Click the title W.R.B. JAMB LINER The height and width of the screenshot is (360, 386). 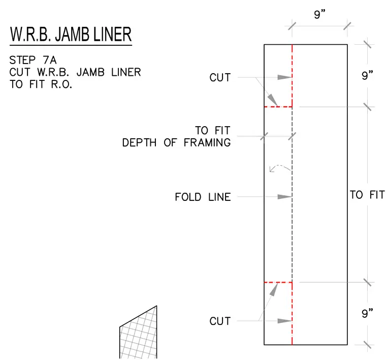point(71,34)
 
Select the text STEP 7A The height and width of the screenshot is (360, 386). point(33,60)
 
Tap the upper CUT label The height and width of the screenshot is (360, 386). point(220,77)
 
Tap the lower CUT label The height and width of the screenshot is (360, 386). point(220,321)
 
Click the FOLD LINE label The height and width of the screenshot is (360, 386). point(203,197)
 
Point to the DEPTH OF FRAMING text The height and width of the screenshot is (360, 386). point(177,143)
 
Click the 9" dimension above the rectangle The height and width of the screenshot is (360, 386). point(320,14)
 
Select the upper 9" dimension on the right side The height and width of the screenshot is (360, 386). point(367,75)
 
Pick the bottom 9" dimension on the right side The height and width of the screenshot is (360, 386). point(367,313)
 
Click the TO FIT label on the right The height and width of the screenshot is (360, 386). point(367,195)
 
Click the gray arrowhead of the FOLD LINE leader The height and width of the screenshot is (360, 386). point(285,197)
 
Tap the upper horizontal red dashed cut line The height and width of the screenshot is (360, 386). point(278,107)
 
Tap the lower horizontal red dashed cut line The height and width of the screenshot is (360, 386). point(278,282)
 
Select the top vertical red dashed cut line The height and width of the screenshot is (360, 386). point(292,76)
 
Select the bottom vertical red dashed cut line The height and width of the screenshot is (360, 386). point(292,313)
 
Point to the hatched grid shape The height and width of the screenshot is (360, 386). point(138,332)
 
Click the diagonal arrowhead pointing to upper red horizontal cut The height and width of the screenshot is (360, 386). point(273,100)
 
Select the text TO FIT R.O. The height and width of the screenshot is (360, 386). point(41,84)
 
